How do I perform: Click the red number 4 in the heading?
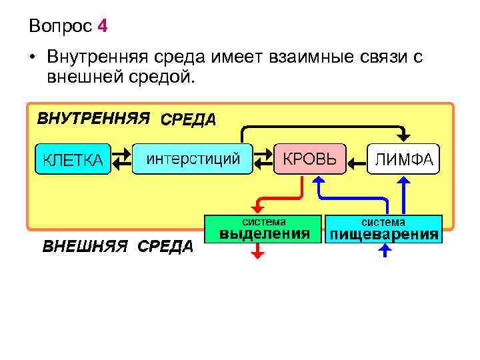pyautogui.click(x=102, y=27)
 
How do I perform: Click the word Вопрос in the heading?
pyautogui.click(x=60, y=27)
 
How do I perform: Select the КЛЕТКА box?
pyautogui.click(x=73, y=160)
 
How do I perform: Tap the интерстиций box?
pyautogui.click(x=193, y=159)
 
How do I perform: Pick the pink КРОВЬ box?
pyautogui.click(x=310, y=159)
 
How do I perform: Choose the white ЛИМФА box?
pyautogui.click(x=403, y=159)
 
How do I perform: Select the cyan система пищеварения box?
pyautogui.click(x=383, y=228)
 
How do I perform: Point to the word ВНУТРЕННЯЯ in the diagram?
pyautogui.click(x=92, y=119)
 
